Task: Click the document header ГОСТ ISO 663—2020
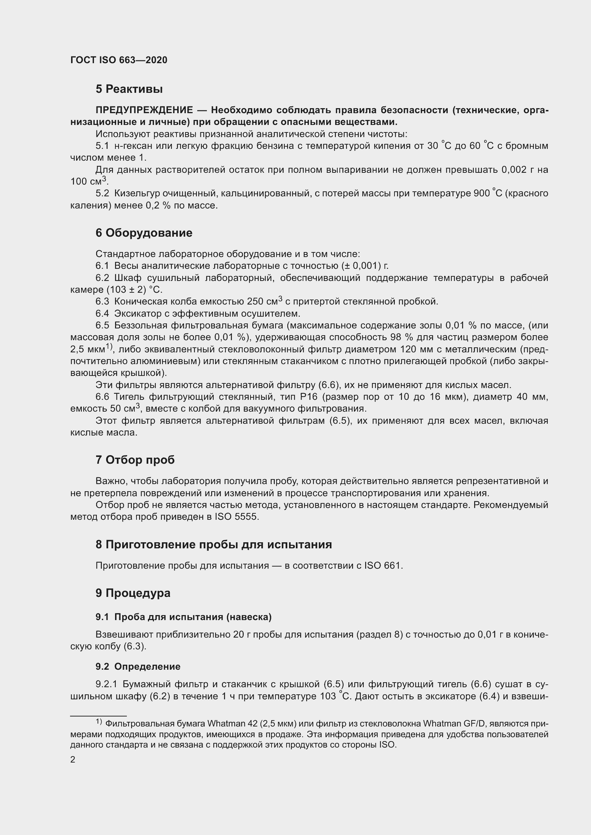click(x=119, y=60)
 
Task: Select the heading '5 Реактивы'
click(x=129, y=89)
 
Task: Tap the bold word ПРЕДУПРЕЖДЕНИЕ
click(x=144, y=110)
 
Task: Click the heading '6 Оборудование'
click(x=144, y=233)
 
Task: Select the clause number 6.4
click(x=102, y=313)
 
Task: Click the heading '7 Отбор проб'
click(x=135, y=460)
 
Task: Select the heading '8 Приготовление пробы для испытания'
click(x=214, y=544)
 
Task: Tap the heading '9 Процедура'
click(x=133, y=593)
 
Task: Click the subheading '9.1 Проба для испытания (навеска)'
click(x=183, y=617)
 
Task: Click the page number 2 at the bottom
click(x=73, y=759)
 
